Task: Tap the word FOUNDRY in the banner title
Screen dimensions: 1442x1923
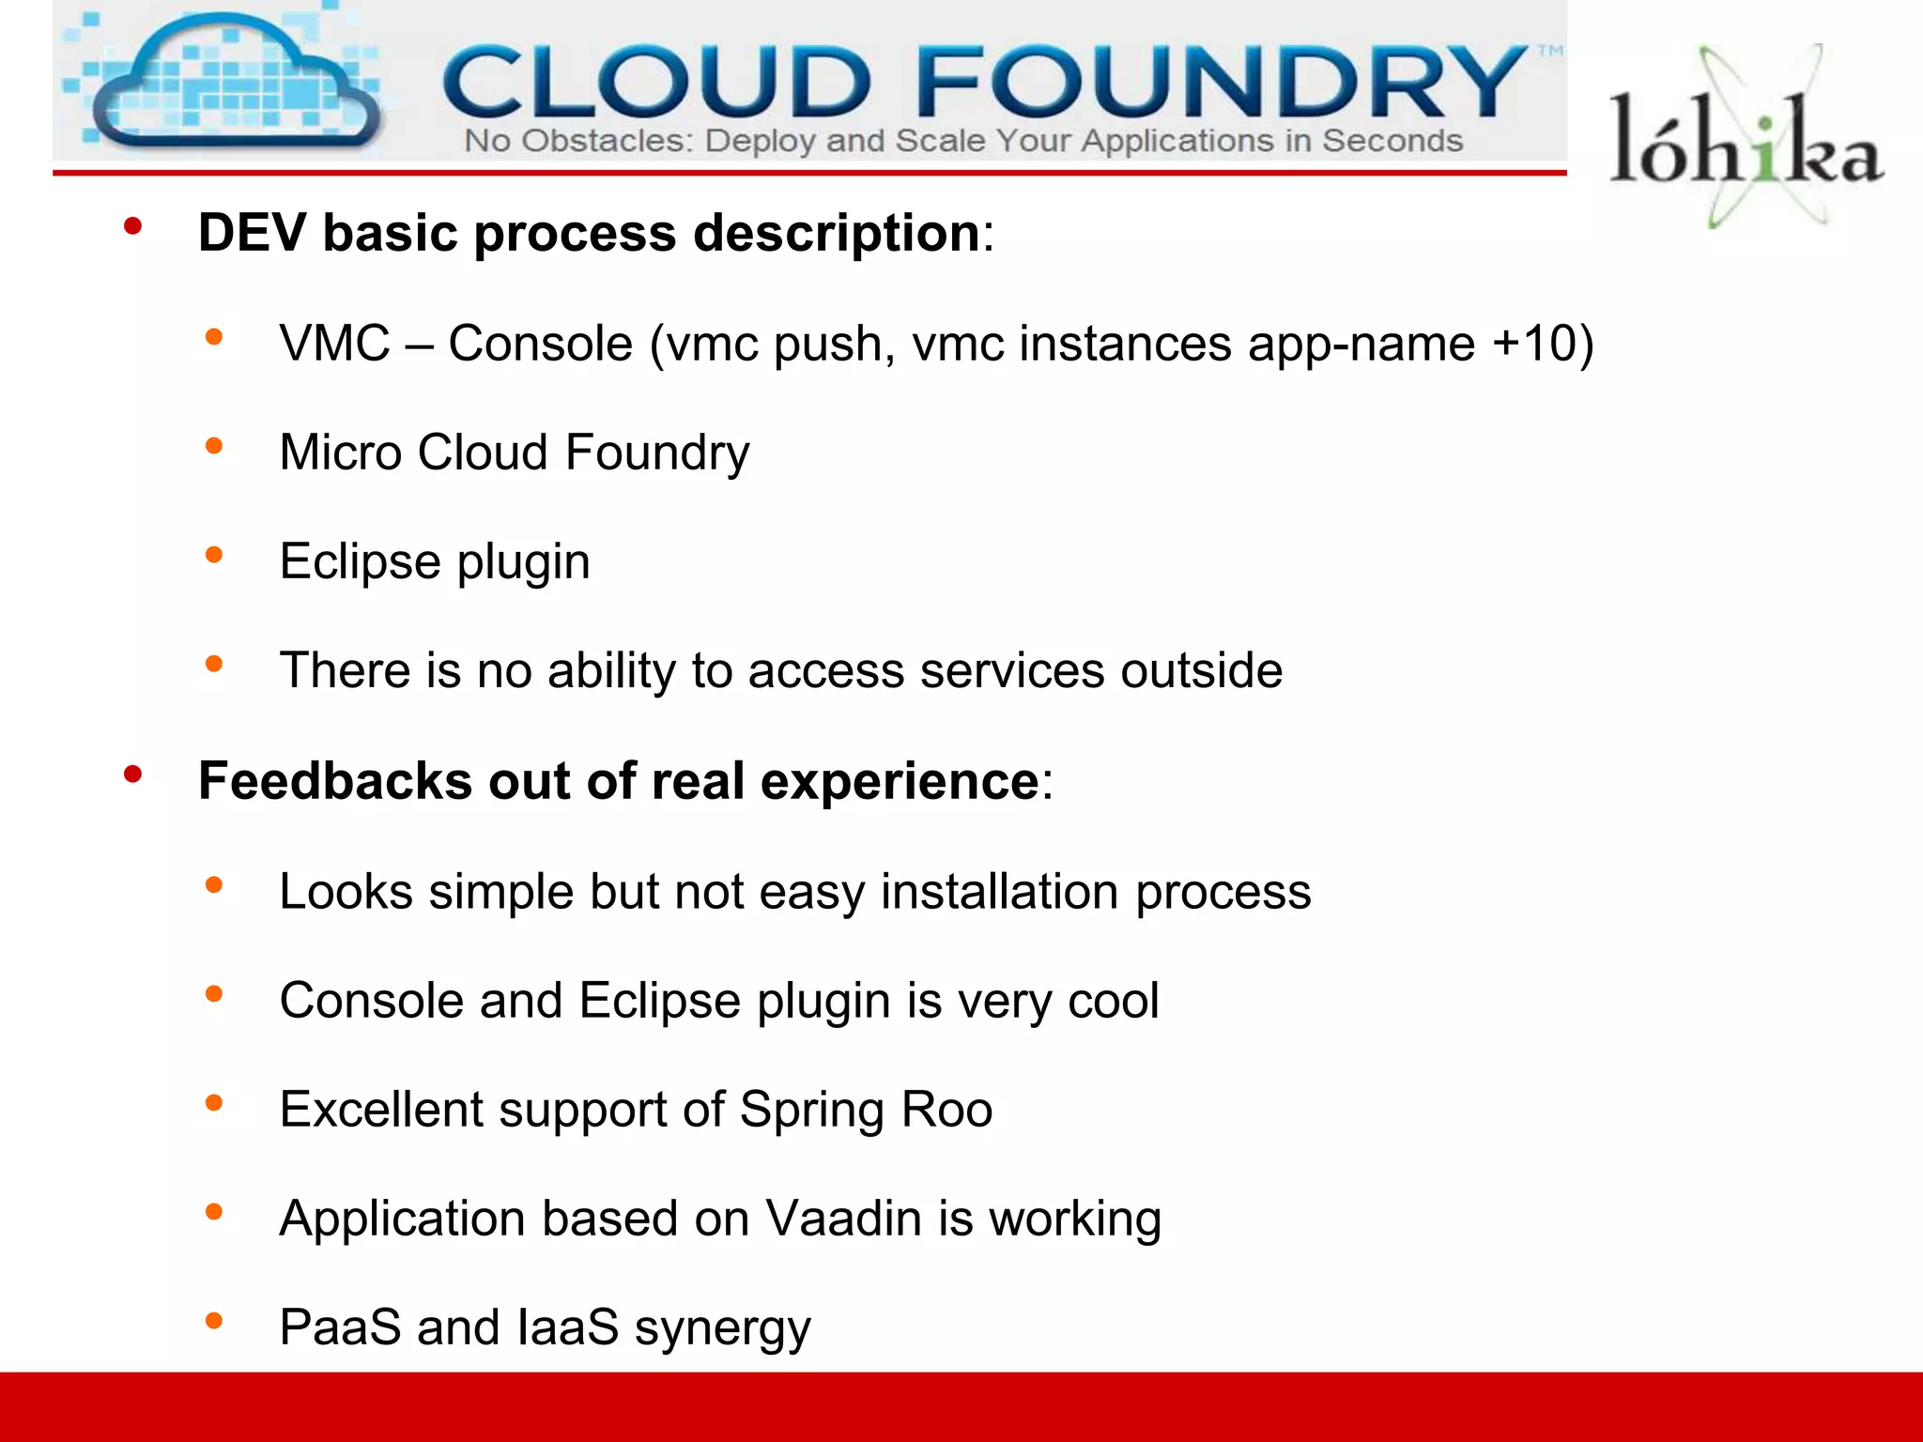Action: (1221, 83)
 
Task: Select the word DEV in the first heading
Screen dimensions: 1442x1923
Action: (252, 233)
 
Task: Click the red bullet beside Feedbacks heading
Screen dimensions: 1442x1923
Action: (132, 775)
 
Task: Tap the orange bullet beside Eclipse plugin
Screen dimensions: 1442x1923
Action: (214, 555)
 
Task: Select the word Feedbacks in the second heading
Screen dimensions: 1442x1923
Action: (334, 781)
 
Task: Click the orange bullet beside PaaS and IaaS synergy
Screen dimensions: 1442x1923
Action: (214, 1321)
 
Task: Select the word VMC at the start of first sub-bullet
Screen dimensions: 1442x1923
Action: (334, 344)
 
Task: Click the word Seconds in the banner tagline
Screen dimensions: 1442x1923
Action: (1392, 142)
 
